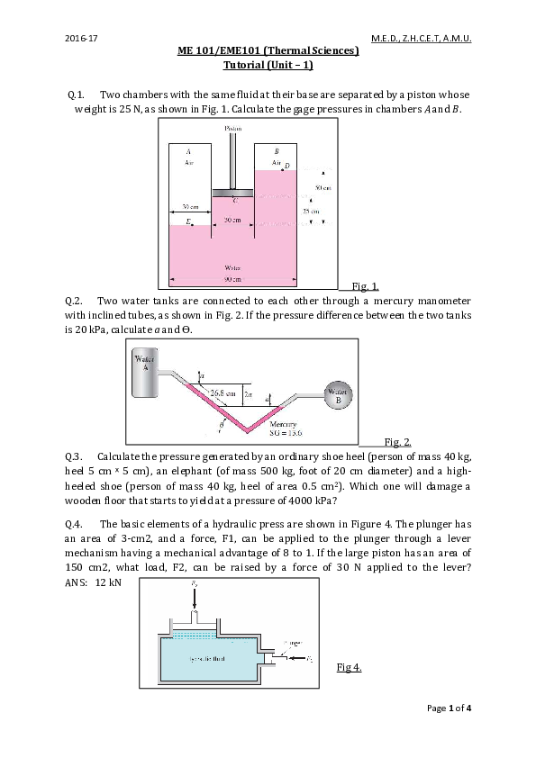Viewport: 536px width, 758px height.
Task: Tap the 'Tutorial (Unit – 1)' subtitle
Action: [x=268, y=66]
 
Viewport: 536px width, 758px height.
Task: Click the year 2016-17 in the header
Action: [x=79, y=39]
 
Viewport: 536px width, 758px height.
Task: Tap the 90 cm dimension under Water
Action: [x=232, y=276]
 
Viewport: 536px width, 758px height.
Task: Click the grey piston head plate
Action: [x=233, y=193]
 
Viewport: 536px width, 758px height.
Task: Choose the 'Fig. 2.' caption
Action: [x=397, y=441]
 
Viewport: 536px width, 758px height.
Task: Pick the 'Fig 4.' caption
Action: [x=349, y=667]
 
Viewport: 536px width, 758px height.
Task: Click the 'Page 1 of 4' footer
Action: [x=449, y=708]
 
